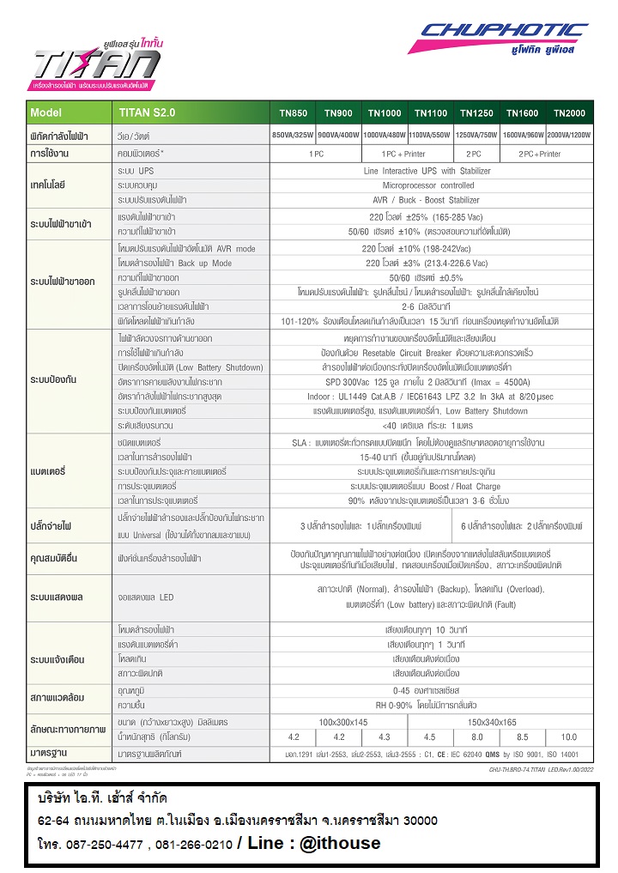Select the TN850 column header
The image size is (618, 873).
[x=292, y=113]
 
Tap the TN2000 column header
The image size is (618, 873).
[x=568, y=113]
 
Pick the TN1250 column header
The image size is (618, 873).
[x=476, y=113]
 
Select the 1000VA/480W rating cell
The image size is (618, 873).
[x=384, y=136]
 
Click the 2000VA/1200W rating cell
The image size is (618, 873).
[x=568, y=136]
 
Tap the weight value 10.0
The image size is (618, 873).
[x=568, y=737]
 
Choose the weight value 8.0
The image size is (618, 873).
[x=476, y=737]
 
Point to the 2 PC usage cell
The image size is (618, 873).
[x=475, y=154]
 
